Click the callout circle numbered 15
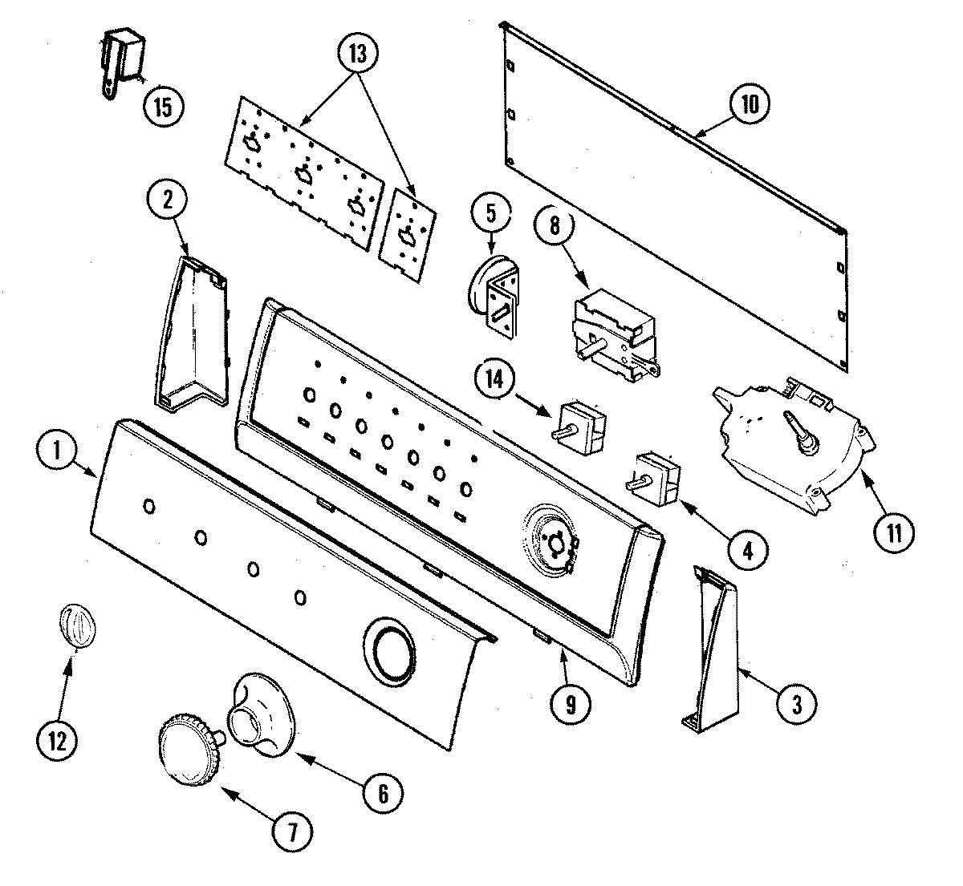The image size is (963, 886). click(163, 106)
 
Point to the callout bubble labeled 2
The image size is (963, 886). click(167, 201)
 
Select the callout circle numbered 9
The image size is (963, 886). click(570, 703)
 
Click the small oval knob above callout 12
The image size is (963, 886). click(75, 625)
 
